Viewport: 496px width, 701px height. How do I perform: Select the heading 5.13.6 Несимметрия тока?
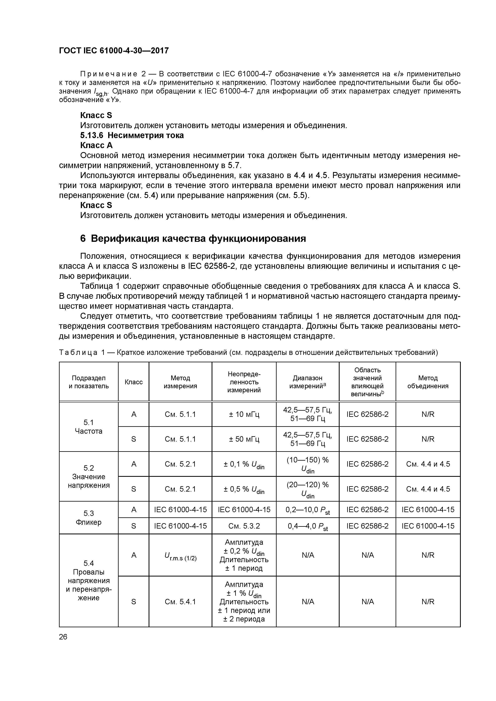click(x=132, y=135)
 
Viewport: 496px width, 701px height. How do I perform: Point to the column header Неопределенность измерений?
click(x=244, y=382)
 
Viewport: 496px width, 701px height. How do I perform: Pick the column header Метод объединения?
click(x=428, y=382)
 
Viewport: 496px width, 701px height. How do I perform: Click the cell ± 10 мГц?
click(x=244, y=414)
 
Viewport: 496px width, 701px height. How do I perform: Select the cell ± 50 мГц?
click(x=244, y=439)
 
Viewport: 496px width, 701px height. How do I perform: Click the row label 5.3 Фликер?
click(x=89, y=518)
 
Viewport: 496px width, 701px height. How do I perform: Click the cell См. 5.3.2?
click(x=244, y=526)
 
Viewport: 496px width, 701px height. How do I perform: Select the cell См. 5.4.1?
click(x=180, y=601)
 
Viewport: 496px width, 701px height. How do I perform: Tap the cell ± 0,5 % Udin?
click(x=244, y=489)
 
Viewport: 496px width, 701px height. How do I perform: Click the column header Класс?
click(x=134, y=382)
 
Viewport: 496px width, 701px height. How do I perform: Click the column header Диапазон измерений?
click(x=307, y=382)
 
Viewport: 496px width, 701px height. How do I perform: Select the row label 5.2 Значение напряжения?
click(x=89, y=477)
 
